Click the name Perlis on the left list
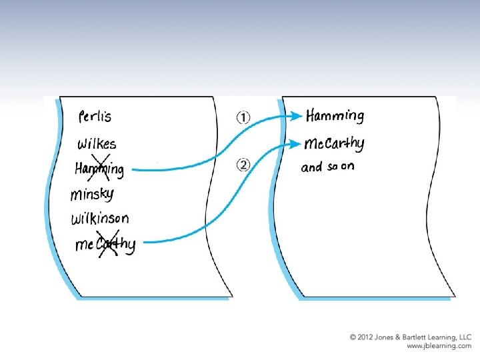(x=95, y=117)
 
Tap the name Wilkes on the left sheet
(x=97, y=143)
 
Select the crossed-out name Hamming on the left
(x=99, y=169)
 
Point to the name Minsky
(x=92, y=195)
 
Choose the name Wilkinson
(x=100, y=219)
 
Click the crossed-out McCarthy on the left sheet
(x=105, y=245)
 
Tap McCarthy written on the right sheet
(x=334, y=143)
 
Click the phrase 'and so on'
(x=327, y=167)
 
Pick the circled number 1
(x=243, y=118)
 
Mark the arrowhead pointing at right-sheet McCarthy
(x=296, y=143)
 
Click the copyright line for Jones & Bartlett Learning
(x=410, y=338)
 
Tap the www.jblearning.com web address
(x=439, y=347)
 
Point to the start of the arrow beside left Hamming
(x=133, y=171)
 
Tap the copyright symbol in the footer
(x=353, y=338)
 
